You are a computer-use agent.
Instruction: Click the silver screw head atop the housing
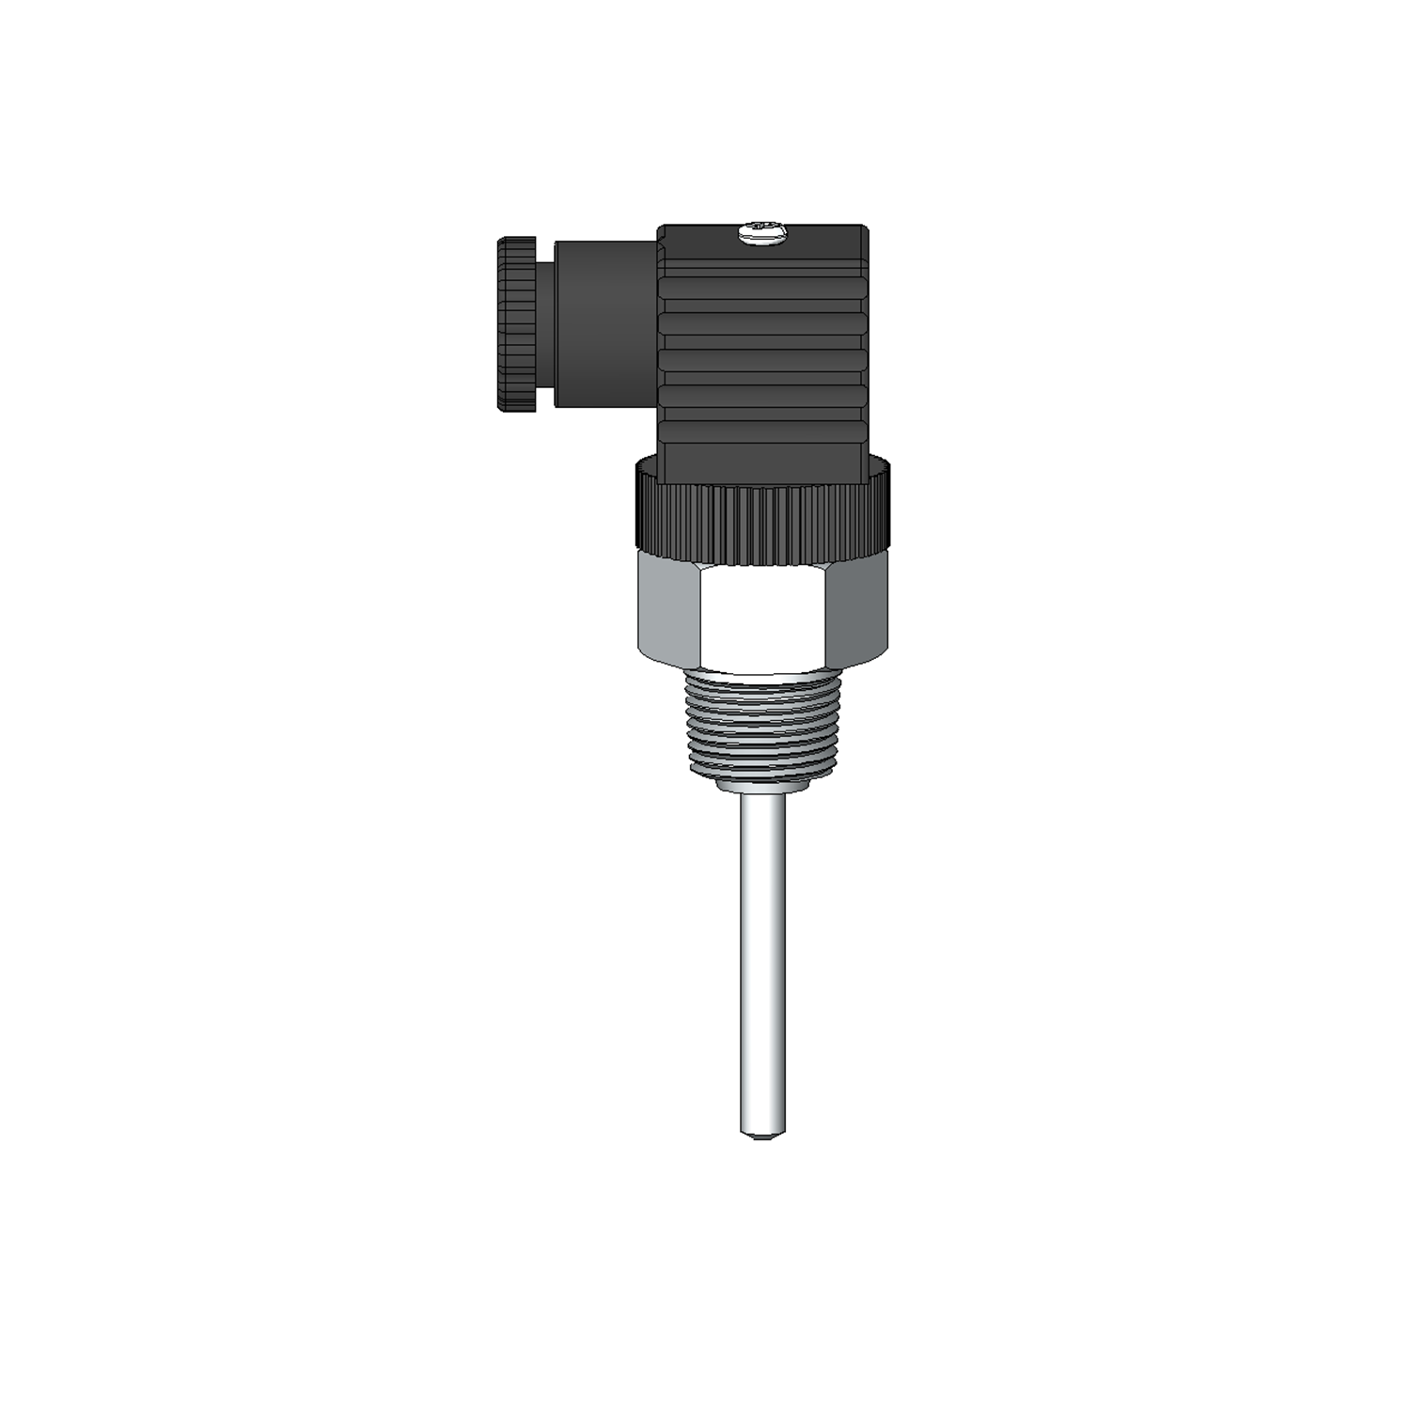(x=760, y=233)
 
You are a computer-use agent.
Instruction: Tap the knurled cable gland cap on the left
(x=516, y=324)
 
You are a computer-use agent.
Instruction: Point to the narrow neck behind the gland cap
(x=546, y=324)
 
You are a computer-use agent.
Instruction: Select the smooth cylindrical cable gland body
(x=606, y=324)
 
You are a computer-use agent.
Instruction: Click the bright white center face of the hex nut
(x=762, y=617)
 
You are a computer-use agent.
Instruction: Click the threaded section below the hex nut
(x=762, y=724)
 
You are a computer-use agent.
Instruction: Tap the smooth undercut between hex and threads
(x=762, y=674)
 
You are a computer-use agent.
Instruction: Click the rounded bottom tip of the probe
(x=762, y=1135)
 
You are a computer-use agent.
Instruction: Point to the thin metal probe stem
(x=762, y=959)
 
